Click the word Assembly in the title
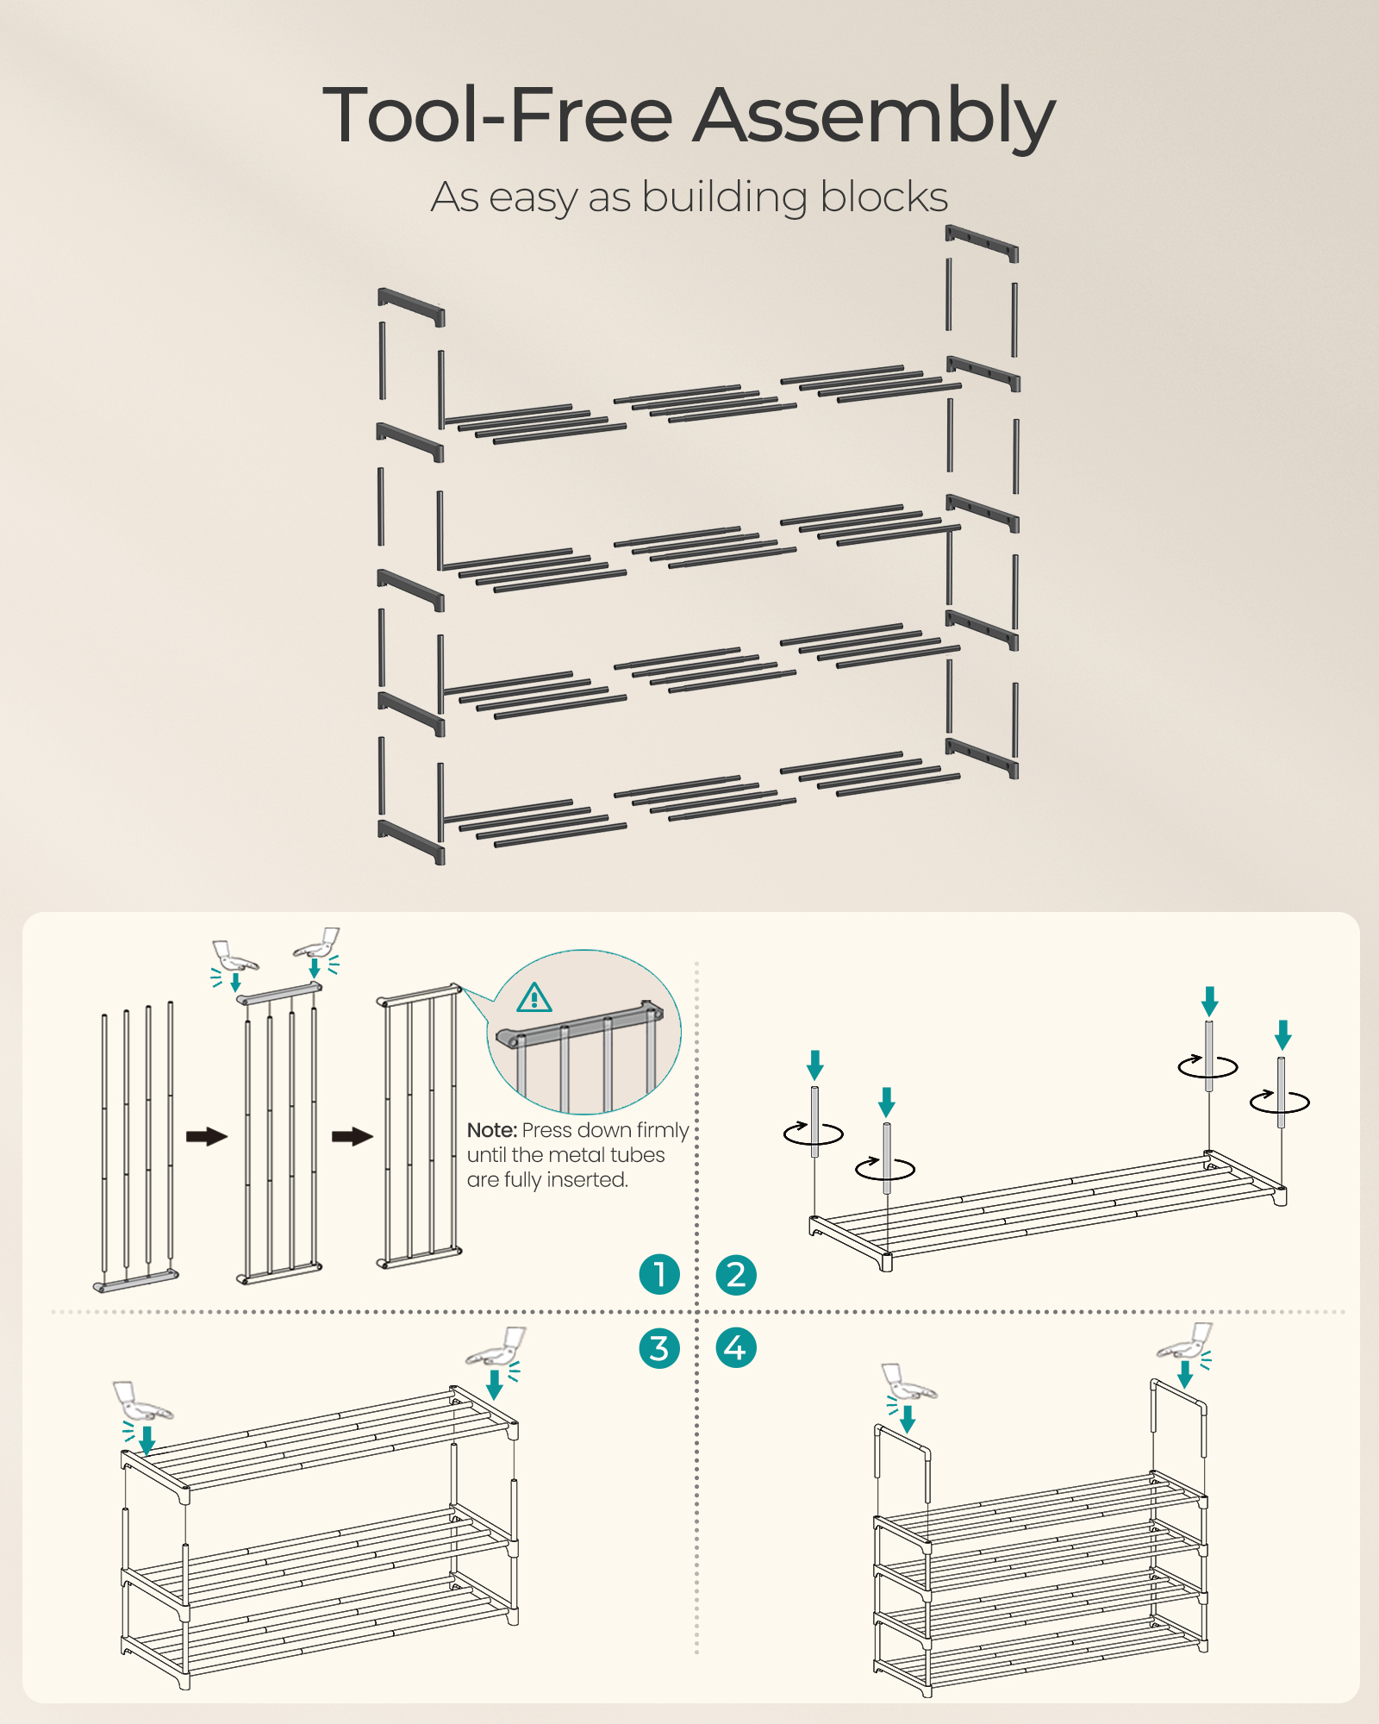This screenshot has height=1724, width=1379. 875,116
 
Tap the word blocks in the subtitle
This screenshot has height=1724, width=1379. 883,197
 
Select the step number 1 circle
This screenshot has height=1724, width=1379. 659,1274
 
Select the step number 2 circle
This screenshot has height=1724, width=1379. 736,1274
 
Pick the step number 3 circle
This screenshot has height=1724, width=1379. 659,1348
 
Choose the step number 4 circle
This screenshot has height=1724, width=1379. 736,1348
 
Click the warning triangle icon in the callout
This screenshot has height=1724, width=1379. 534,998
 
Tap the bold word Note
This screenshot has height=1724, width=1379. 492,1130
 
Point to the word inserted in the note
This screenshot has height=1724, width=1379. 593,1179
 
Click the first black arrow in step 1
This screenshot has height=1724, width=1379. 207,1136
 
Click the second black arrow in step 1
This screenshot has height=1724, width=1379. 353,1136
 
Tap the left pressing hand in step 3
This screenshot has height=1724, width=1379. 142,1402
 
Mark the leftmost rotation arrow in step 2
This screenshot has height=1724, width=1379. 814,1133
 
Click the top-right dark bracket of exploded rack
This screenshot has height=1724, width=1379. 982,242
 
